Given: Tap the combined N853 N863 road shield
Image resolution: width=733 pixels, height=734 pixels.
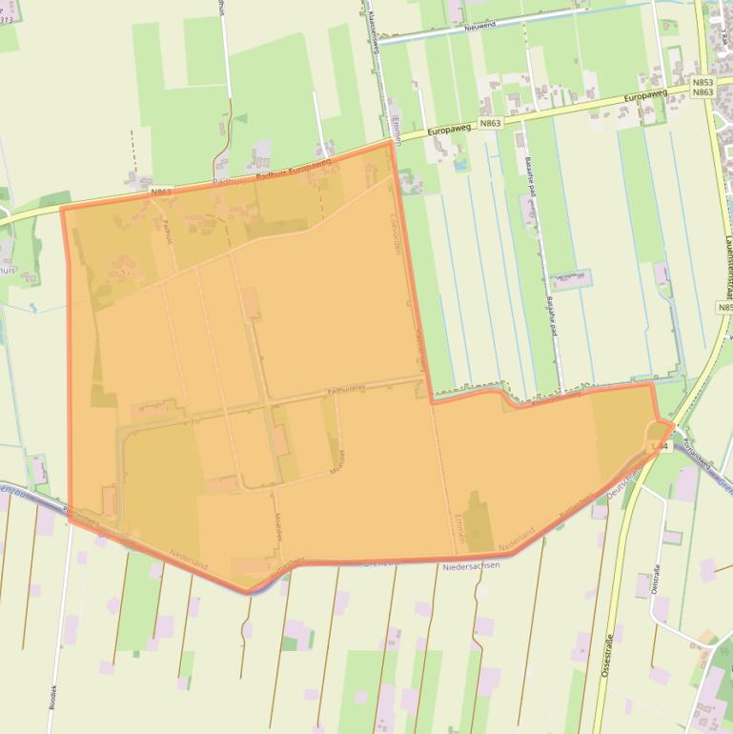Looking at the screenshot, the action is click(x=702, y=87).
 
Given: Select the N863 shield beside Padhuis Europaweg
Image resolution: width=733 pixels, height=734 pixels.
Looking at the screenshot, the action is click(x=161, y=192).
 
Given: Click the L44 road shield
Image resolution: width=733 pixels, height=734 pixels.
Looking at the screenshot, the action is click(x=660, y=445).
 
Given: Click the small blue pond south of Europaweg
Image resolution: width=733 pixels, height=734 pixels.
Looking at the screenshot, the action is click(x=461, y=165).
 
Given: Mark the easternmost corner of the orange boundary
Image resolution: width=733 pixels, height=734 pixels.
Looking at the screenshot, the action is click(x=674, y=423).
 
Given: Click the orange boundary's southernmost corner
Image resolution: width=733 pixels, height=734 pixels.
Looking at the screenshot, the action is click(x=248, y=592).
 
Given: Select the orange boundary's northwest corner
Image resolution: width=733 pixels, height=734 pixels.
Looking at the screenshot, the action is click(x=63, y=209).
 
